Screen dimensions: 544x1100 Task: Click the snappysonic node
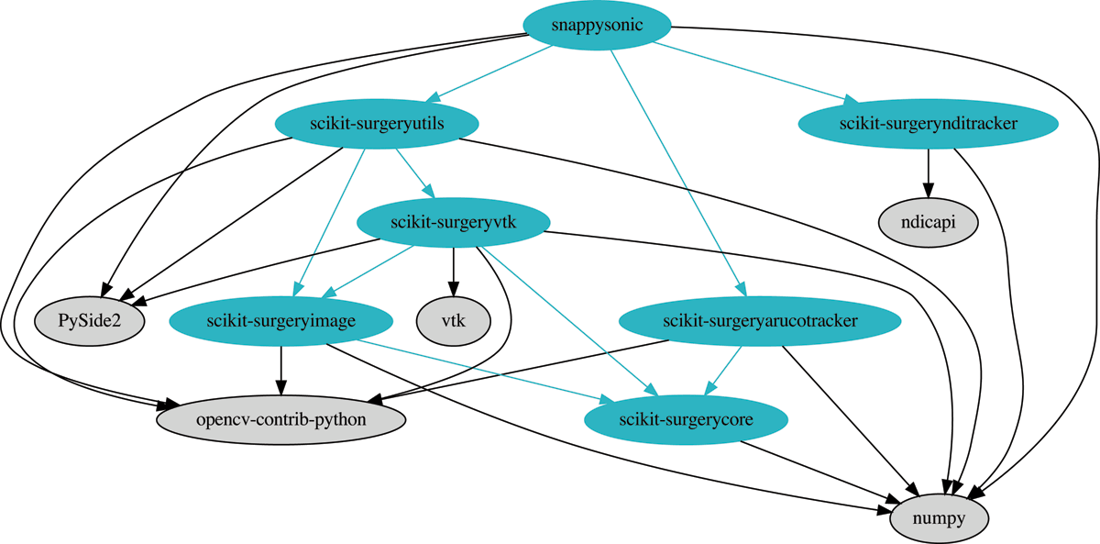(598, 25)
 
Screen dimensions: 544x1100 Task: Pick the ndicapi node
(929, 221)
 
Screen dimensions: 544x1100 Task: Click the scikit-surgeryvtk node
(453, 221)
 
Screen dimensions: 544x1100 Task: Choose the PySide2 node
(90, 320)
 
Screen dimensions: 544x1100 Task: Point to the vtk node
(453, 320)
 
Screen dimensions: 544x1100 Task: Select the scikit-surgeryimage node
(281, 320)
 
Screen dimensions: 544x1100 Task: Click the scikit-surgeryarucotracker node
(759, 320)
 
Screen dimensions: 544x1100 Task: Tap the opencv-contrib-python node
(281, 419)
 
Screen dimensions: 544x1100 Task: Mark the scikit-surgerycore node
(686, 419)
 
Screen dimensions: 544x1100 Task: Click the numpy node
(940, 518)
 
